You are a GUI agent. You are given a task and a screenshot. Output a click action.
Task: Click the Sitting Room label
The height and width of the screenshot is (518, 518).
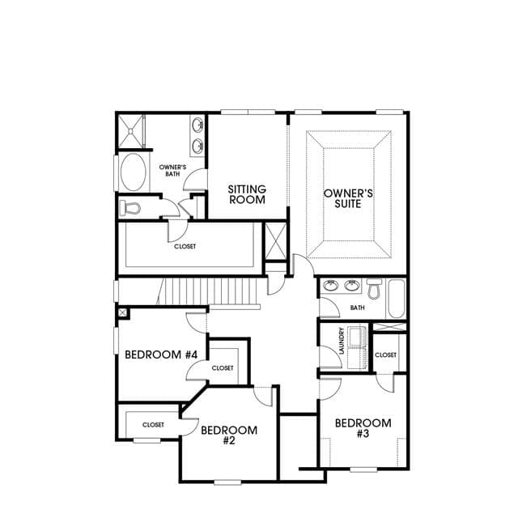(247, 194)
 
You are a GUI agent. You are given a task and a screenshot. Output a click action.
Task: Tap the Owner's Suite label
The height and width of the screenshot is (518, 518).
(348, 198)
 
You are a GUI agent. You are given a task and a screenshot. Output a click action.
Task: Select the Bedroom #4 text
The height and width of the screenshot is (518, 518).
(161, 355)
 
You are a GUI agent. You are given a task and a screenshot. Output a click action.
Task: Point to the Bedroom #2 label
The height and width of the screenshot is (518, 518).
(229, 435)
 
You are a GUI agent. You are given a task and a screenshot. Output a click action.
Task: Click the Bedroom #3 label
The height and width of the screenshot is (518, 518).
(363, 428)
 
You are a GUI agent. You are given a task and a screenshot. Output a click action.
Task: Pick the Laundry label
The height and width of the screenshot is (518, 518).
(342, 341)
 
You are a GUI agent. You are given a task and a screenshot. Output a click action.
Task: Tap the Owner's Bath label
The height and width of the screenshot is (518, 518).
(172, 170)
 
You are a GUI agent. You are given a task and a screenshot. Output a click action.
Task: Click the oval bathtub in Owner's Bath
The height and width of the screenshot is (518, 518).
(133, 172)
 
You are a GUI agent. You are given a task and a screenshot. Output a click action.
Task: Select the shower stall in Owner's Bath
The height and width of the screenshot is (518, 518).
(131, 131)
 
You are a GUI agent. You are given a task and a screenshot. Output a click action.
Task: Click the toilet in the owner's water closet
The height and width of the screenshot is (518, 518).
(129, 208)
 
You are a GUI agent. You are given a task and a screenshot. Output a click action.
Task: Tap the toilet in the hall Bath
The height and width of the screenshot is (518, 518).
(375, 289)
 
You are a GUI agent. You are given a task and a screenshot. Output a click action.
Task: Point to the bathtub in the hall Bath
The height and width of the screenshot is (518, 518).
(397, 299)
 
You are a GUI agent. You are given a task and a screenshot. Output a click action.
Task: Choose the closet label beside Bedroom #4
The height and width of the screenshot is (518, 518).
(223, 367)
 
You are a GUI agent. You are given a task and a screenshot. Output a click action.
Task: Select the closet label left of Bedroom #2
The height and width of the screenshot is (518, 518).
(153, 424)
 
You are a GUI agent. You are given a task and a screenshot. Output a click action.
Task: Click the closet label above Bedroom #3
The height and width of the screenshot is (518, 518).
(385, 355)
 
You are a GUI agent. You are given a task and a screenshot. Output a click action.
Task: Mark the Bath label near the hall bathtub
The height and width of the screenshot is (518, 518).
(358, 308)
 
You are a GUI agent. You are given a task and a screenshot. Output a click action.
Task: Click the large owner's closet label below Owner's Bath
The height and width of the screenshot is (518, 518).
(185, 246)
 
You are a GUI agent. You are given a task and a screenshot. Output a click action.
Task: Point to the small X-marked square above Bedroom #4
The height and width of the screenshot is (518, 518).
(122, 312)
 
